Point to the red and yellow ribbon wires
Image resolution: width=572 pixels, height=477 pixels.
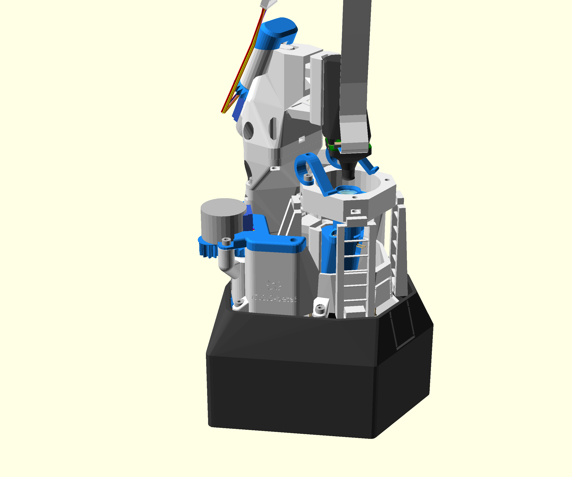[240, 74]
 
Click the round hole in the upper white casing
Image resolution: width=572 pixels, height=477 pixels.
[248, 130]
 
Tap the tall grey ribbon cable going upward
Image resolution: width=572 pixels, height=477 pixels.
[355, 55]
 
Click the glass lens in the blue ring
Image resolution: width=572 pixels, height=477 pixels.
[347, 192]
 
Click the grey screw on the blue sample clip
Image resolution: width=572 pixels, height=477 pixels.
[308, 177]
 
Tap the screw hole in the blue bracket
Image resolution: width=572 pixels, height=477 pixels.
[293, 240]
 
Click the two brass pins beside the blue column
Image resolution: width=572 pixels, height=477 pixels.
[361, 246]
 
